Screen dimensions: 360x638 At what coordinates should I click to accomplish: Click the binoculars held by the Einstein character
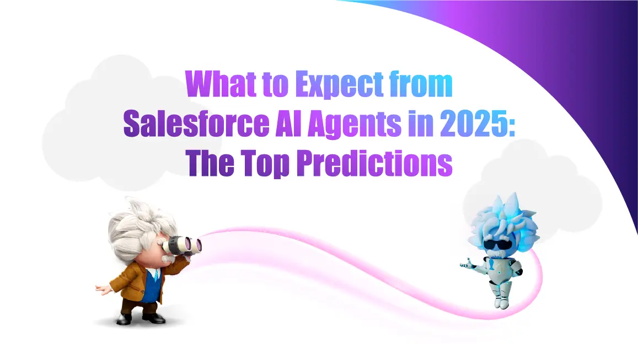click(x=184, y=243)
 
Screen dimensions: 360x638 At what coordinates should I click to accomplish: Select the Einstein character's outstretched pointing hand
click(x=101, y=289)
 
